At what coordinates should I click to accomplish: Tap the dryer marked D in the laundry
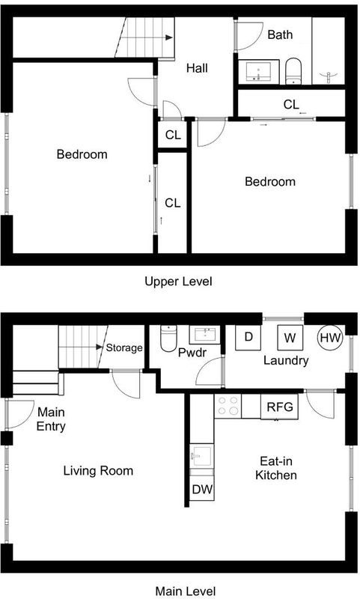coord(248,338)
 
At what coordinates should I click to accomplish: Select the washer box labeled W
coord(290,338)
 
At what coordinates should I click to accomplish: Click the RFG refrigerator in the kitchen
coord(279,407)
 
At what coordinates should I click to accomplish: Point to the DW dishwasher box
coord(202,488)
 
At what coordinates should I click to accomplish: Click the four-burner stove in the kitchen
coord(228,406)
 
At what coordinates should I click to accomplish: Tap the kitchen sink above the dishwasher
coord(202,456)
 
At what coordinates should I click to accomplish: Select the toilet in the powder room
coord(168,338)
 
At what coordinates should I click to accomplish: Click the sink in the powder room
coord(205,335)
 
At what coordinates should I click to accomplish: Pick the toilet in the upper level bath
coord(293,71)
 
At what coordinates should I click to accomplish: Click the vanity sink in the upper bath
coord(259,71)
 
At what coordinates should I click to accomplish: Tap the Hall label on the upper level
coord(197,68)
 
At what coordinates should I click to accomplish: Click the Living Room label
coord(98,471)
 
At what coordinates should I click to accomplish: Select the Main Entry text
coord(51,419)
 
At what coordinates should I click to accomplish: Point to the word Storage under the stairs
coord(124,347)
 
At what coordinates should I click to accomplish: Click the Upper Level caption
coord(178,282)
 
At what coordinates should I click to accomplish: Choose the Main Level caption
coord(186,592)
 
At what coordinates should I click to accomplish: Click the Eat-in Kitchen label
coord(276,468)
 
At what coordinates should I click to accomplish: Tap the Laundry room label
coord(286,361)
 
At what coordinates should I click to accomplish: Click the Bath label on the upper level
coord(280,34)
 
